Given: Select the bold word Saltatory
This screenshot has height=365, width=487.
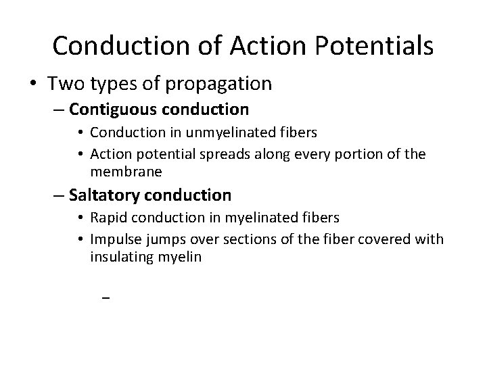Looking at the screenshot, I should (x=102, y=195).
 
